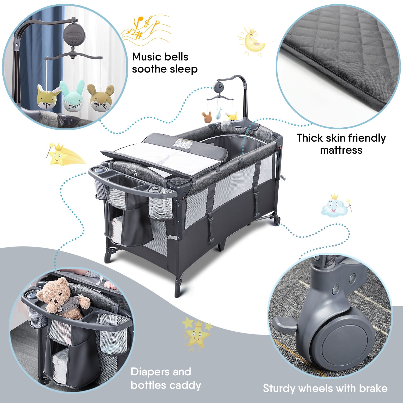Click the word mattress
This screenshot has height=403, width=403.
pyautogui.click(x=341, y=150)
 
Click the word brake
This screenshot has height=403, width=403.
pyautogui.click(x=371, y=388)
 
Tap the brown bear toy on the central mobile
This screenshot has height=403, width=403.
pyautogui.click(x=207, y=117)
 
